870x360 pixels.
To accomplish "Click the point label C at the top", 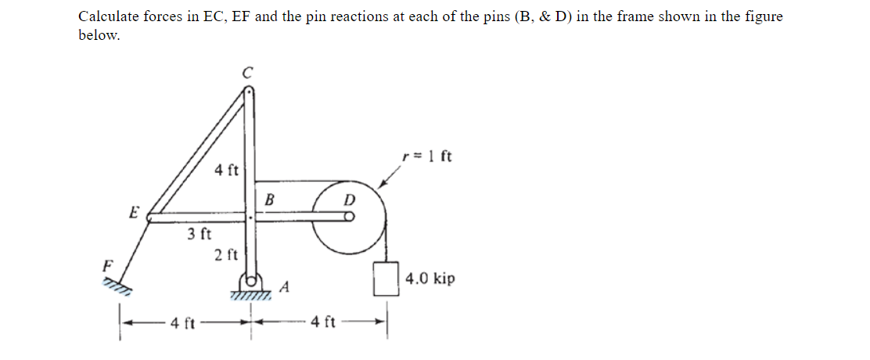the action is click(x=248, y=73).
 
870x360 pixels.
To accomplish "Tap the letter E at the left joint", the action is click(x=134, y=211).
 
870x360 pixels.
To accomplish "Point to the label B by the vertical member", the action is click(x=269, y=200).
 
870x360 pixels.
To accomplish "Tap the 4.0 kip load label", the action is click(x=430, y=279).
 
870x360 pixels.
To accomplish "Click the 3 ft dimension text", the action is click(x=200, y=233).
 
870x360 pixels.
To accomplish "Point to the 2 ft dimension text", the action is click(x=226, y=254).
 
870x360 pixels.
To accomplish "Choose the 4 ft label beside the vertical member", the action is click(x=227, y=169).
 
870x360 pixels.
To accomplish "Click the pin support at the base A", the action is click(x=251, y=282).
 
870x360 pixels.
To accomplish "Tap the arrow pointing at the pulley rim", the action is click(x=390, y=181).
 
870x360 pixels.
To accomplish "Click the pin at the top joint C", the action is click(x=249, y=91).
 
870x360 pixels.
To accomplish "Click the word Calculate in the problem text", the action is click(x=107, y=16).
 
